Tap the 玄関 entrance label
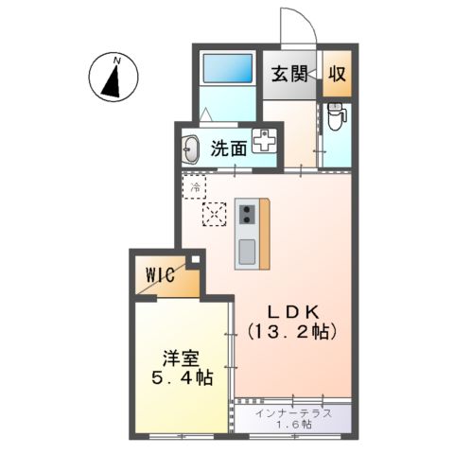[291, 74]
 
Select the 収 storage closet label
[336, 74]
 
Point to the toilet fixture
[336, 119]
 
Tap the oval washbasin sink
[191, 148]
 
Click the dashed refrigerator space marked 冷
[195, 186]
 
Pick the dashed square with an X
[215, 215]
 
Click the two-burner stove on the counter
[247, 214]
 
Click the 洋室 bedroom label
[180, 359]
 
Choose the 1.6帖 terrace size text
[293, 426]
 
